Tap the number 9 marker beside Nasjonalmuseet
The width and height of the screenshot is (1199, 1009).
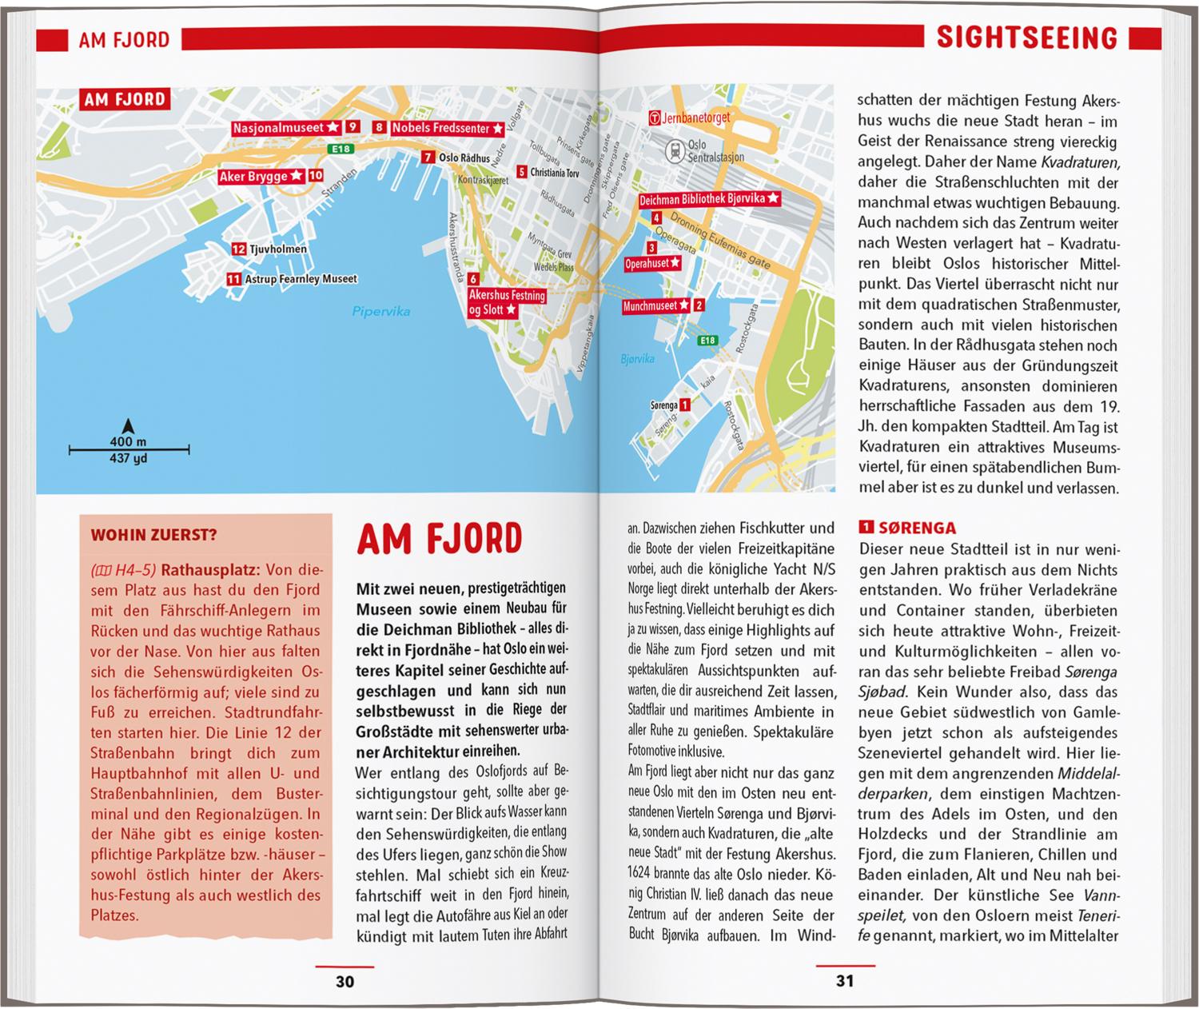[353, 127]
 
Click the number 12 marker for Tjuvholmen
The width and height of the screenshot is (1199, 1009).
[238, 249]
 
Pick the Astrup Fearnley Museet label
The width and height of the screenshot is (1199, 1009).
[301, 279]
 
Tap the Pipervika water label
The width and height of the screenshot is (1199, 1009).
[380, 311]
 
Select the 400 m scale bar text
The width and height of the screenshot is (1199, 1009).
[128, 441]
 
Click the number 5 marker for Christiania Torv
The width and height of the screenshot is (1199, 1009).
[522, 172]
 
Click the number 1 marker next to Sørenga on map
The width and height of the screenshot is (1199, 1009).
[685, 405]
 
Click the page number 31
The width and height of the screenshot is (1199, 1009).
[845, 981]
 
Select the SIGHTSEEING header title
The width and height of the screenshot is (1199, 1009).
[1026, 38]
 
